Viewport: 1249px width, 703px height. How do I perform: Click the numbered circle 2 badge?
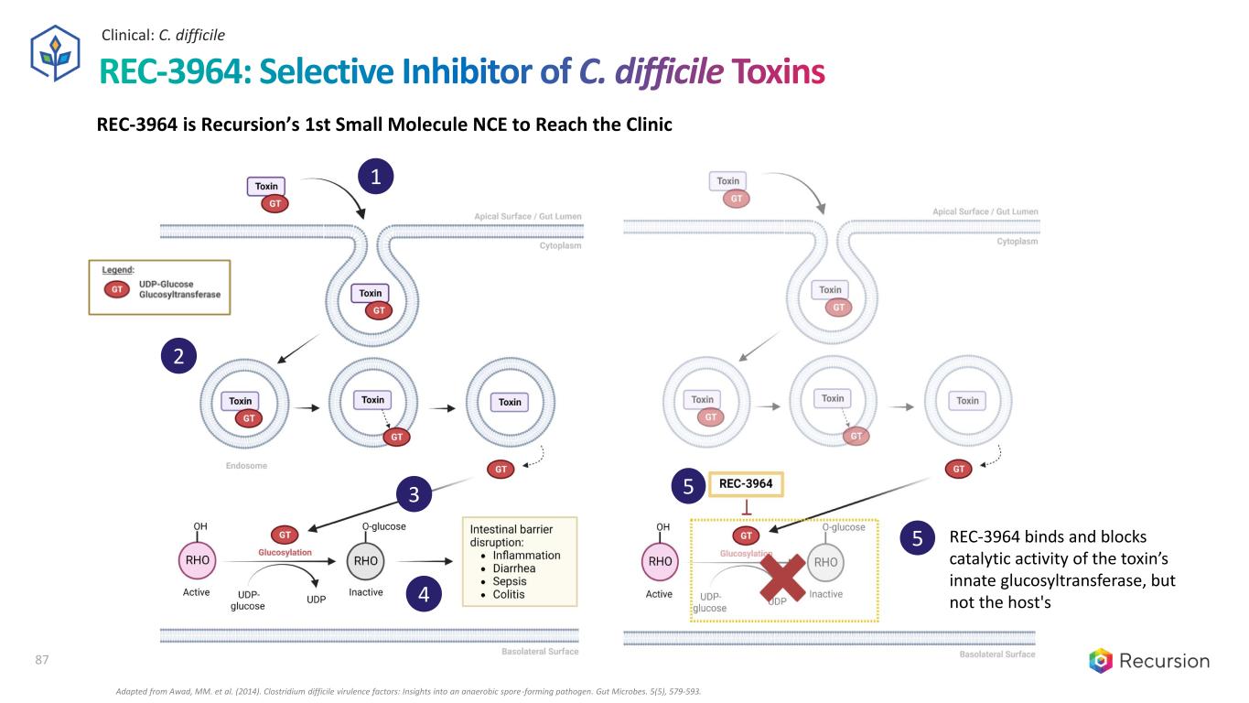(178, 356)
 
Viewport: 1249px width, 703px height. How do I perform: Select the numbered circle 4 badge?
(423, 594)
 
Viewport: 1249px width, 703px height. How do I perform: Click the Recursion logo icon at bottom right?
(1102, 661)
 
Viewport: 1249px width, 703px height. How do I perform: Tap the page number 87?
(40, 660)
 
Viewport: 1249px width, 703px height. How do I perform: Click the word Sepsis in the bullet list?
(510, 581)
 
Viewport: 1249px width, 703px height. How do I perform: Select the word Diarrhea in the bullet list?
(514, 568)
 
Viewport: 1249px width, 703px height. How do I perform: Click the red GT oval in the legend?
(117, 289)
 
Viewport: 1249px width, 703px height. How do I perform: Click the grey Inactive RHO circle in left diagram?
(365, 560)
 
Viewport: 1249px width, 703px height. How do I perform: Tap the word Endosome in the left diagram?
(246, 466)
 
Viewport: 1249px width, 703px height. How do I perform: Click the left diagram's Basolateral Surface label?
(540, 653)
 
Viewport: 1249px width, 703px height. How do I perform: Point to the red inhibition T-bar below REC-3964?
(747, 507)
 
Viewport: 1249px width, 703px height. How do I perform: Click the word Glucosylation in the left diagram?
(285, 552)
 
